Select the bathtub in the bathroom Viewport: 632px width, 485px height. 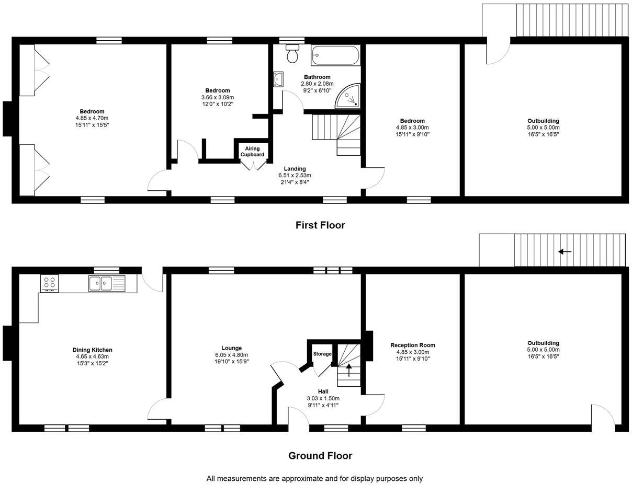coord(335,55)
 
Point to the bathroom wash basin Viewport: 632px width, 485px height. coord(278,79)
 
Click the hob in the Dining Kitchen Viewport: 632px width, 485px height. coord(50,283)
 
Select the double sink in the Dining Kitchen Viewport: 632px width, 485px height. coord(107,284)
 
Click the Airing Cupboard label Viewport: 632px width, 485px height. coord(252,152)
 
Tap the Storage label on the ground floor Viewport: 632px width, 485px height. coord(322,354)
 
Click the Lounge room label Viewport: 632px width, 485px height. coord(231,348)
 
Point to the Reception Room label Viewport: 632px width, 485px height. coord(412,345)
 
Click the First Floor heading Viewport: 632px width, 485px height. coord(320,225)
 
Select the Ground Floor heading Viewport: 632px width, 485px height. coord(320,456)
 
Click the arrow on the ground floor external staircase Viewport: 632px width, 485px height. coord(565,251)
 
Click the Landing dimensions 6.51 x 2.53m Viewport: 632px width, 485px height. coord(295,176)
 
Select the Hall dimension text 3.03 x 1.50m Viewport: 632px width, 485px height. coord(323,398)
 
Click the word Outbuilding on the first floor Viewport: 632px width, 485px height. coord(543,121)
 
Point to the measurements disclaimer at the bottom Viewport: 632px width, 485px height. coord(314,478)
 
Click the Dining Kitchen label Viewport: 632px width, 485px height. coord(92,350)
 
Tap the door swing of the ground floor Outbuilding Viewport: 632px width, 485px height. coord(603,415)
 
